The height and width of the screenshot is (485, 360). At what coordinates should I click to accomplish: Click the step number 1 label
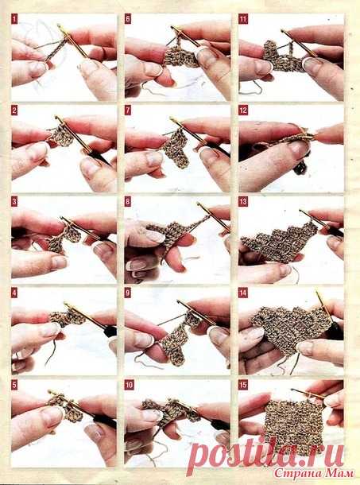coord(14,19)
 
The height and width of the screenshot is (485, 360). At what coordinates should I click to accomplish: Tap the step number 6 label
coord(128,19)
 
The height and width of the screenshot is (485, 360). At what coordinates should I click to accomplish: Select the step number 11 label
coord(243,19)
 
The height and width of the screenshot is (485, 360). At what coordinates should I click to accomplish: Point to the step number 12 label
coord(243,110)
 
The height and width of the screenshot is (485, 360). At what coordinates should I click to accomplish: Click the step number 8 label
coord(128,202)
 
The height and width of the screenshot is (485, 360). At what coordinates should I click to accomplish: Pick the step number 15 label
coord(243,385)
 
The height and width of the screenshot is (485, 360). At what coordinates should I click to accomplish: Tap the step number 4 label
coord(14,293)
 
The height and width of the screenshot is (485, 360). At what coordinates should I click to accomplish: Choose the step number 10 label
coord(130,385)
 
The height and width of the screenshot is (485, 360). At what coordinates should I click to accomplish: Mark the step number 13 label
coord(243,202)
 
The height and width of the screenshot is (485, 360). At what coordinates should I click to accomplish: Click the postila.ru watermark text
coord(265,456)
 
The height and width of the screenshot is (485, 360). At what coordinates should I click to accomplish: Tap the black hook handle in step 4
coord(109,330)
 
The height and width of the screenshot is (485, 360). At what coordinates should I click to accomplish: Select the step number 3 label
coord(14,202)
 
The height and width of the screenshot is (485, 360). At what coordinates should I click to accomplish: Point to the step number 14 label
coord(243,293)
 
